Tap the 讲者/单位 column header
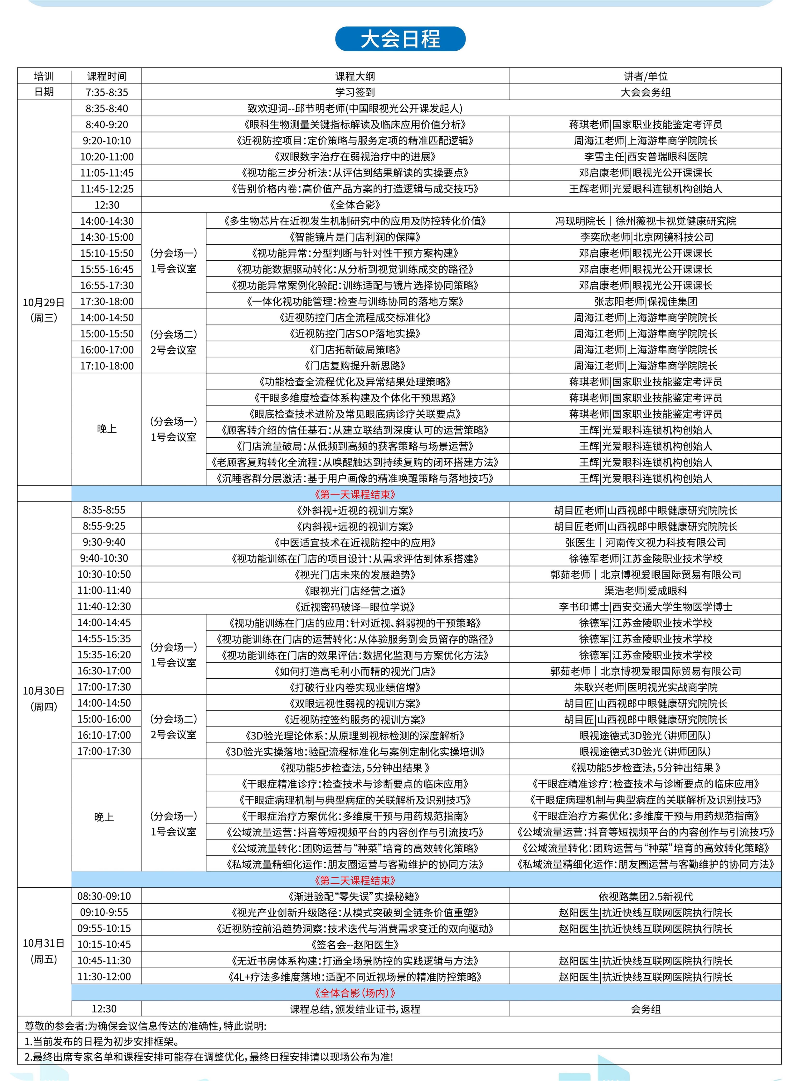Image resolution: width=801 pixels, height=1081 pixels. click(645, 76)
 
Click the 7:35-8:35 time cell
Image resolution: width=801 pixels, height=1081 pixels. click(107, 92)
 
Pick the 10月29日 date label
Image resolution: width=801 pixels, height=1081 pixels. click(44, 302)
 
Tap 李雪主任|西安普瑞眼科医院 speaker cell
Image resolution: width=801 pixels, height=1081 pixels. click(645, 157)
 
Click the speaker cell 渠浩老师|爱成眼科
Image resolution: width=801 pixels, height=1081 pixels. click(645, 590)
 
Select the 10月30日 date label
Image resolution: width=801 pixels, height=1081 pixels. click(44, 691)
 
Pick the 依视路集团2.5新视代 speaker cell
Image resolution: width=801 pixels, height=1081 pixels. click(645, 896)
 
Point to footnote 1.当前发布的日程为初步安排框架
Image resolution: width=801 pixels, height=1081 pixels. click(102, 1041)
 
